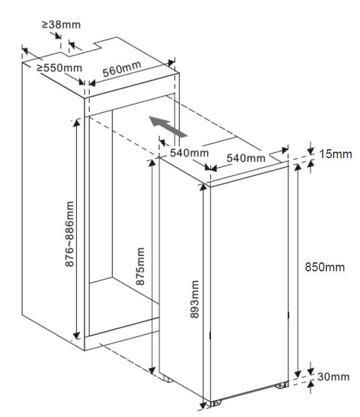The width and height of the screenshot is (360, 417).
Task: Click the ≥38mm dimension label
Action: pyautogui.click(x=61, y=25)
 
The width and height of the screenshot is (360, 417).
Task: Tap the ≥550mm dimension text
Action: pyautogui.click(x=59, y=68)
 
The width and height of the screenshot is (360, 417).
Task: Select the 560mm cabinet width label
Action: pyautogui.click(x=122, y=69)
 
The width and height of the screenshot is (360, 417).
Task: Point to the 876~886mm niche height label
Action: pyautogui.click(x=70, y=234)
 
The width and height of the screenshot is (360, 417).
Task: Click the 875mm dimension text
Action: pyautogui.click(x=140, y=266)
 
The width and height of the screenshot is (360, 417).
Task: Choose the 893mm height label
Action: pyautogui.click(x=194, y=299)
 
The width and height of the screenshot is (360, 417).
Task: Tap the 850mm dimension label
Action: pyautogui.click(x=324, y=267)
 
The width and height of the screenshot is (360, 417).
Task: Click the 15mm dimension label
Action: pyautogui.click(x=336, y=154)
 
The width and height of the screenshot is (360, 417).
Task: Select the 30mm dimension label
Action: pyautogui.click(x=333, y=377)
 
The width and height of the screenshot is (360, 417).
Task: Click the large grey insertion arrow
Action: pyautogui.click(x=168, y=127)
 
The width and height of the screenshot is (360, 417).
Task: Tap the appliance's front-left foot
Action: pyautogui.click(x=216, y=403)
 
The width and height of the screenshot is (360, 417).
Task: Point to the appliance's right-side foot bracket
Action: pyautogui.click(x=282, y=384)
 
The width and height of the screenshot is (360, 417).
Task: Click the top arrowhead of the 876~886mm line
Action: pyautogui.click(x=76, y=123)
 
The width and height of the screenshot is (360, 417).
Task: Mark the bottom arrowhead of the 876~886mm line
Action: pyautogui.click(x=76, y=336)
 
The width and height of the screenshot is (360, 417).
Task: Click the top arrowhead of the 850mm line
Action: pyautogui.click(x=298, y=167)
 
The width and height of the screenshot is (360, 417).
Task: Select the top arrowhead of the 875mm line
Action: pyautogui.click(x=152, y=162)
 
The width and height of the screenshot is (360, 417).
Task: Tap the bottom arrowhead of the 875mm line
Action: pyautogui.click(x=152, y=370)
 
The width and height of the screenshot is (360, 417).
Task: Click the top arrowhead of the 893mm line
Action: pyautogui.click(x=203, y=187)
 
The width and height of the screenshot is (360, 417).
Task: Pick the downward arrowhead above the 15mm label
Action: pyautogui.click(x=310, y=151)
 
